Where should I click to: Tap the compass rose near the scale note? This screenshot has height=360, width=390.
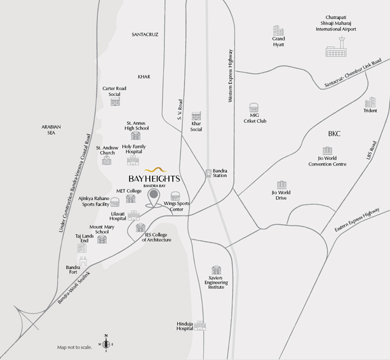106,345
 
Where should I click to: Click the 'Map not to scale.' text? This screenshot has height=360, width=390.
74,347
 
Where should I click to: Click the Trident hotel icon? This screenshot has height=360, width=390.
370,102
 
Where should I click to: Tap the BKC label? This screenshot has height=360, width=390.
335,134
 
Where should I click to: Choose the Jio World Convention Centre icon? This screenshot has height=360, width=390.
327,150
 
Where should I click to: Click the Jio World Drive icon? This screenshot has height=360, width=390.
281,184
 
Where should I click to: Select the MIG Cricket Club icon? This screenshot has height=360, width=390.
254,108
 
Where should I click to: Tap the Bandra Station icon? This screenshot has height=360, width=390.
208,172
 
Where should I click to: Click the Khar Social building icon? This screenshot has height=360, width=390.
196,117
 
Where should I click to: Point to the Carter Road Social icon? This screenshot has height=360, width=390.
115,101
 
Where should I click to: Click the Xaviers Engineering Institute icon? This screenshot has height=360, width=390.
217,270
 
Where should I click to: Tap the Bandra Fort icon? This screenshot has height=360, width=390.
82,261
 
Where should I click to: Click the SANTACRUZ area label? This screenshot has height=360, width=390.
145,34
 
